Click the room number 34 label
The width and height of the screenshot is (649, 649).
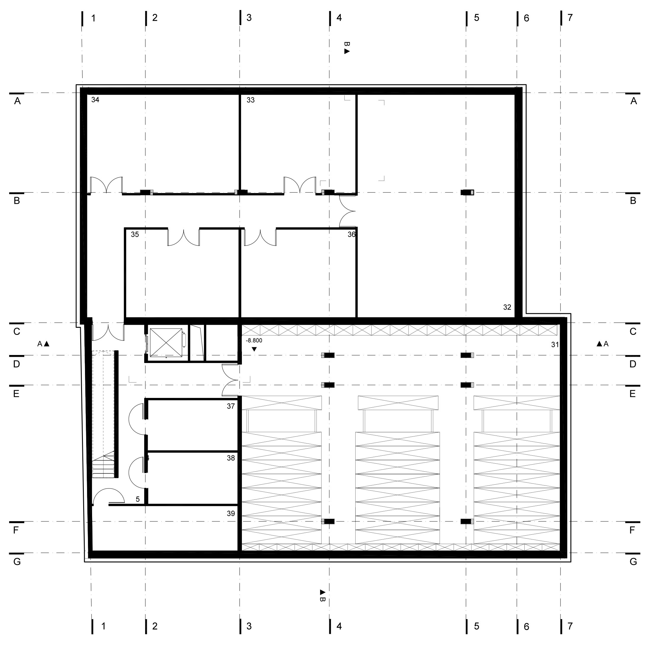(95, 100)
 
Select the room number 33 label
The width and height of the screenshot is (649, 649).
(250, 100)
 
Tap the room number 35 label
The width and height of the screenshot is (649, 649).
(135, 234)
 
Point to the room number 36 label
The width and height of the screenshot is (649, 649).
(351, 234)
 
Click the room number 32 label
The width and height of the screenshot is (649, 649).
(507, 307)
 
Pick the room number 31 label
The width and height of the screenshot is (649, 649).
(555, 344)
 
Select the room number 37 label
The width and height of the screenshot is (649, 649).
(231, 406)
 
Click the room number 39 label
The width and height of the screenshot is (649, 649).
(231, 513)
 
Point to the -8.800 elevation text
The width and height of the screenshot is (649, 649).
(254, 340)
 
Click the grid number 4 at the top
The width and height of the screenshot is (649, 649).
(339, 18)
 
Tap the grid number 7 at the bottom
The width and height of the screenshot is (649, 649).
(570, 626)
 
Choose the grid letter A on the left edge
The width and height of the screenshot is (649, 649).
(17, 101)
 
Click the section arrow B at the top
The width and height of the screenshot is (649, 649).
(347, 48)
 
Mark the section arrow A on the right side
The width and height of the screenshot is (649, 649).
(602, 344)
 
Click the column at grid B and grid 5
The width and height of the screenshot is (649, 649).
(467, 192)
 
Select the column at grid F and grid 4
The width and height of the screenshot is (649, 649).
(328, 521)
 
